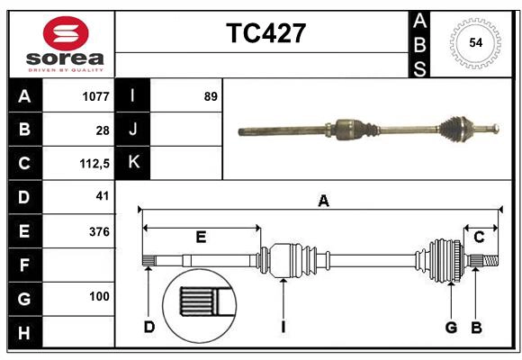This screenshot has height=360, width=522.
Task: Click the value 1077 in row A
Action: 94,95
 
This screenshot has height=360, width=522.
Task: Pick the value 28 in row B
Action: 102,130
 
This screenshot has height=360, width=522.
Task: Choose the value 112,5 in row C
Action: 94,164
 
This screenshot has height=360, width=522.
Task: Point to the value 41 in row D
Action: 102,195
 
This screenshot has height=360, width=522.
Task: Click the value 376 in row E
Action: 99,231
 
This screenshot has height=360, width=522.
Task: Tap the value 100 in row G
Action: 99,296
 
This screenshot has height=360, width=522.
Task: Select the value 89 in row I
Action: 211,95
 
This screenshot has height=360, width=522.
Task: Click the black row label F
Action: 23,265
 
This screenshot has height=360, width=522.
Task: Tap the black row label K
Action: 133,163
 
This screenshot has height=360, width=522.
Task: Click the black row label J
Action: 133,130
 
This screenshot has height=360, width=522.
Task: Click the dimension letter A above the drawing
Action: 323,202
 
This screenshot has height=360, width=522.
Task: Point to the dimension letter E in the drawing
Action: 201,238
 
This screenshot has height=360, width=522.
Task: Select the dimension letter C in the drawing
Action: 480,237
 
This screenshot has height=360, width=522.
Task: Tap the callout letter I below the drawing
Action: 283,327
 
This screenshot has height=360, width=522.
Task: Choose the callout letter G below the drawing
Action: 451,327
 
